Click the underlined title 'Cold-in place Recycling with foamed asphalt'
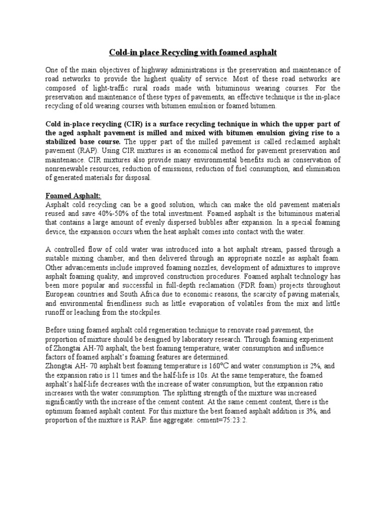(193, 52)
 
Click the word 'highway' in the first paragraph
(154, 69)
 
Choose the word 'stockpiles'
(142, 312)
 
